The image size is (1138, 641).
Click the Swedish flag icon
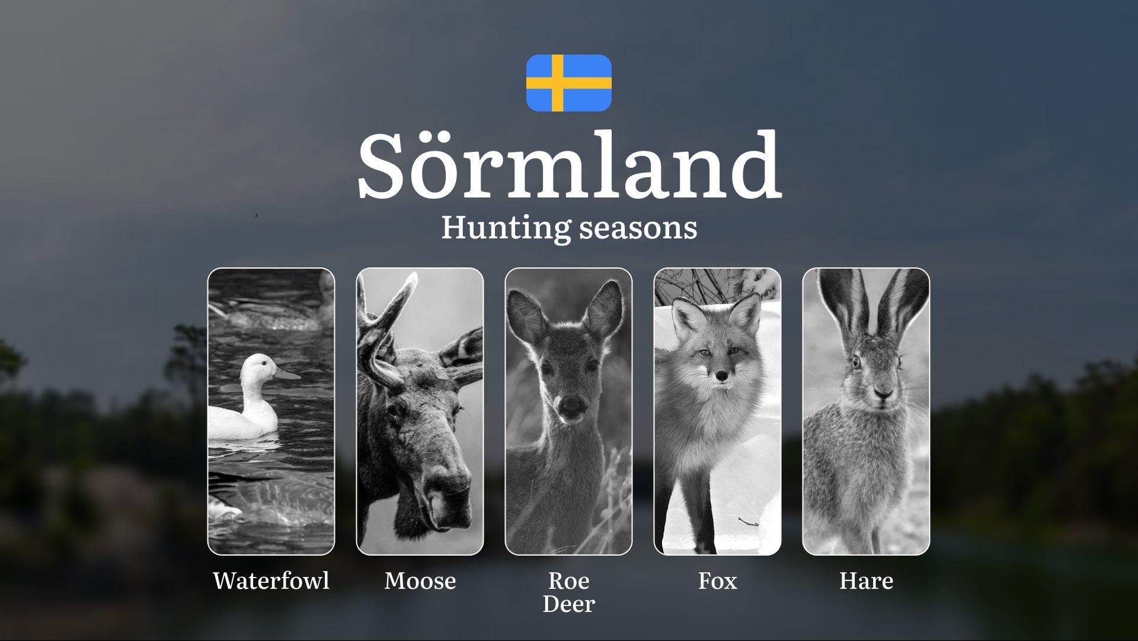click(569, 83)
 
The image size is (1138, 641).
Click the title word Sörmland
click(570, 165)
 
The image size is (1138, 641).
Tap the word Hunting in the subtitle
click(506, 228)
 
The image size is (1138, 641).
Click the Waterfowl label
click(271, 581)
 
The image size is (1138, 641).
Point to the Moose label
click(420, 581)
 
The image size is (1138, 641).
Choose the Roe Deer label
click(569, 592)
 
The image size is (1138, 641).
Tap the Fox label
click(718, 581)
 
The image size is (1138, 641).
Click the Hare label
click(867, 581)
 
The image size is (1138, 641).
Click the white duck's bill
click(287, 374)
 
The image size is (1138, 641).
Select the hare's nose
click(883, 393)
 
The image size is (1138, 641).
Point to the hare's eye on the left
click(856, 361)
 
